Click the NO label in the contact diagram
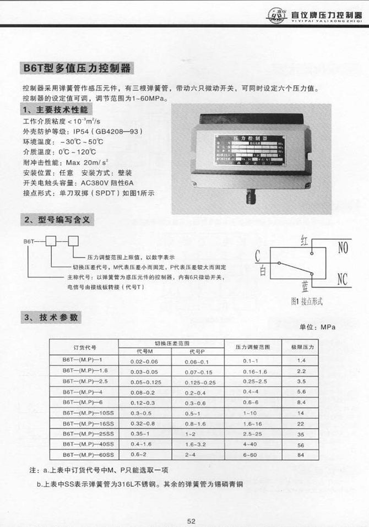[x=343, y=248]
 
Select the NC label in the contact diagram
[x=343, y=279]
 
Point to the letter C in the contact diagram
[x=258, y=254]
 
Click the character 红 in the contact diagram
[x=305, y=240]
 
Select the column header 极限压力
[x=301, y=347]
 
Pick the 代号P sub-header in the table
[x=197, y=351]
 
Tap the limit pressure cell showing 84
[x=301, y=455]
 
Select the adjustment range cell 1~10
[x=251, y=413]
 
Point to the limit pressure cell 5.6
[x=301, y=392]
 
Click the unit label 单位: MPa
[x=317, y=327]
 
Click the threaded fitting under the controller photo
[x=250, y=196]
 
